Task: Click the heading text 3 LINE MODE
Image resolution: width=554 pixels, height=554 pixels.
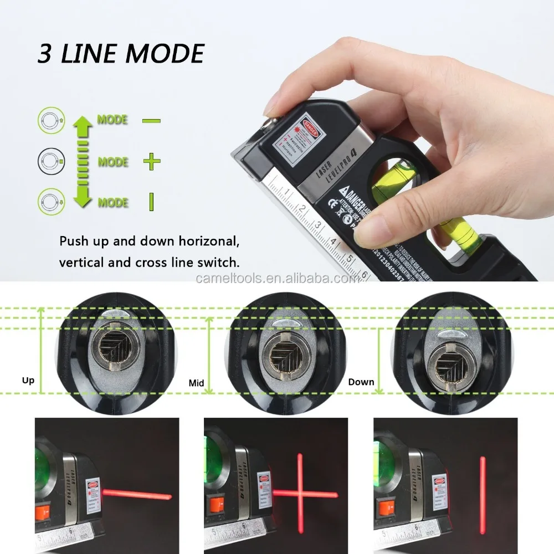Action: (x=120, y=54)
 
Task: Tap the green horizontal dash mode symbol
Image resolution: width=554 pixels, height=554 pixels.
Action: (x=151, y=120)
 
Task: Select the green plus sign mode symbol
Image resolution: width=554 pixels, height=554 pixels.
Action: (x=151, y=162)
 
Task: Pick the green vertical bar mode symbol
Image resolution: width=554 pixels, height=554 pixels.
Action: (x=151, y=202)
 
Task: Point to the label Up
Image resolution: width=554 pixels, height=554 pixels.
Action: (x=28, y=380)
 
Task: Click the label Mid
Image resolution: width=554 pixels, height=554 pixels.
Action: (x=196, y=382)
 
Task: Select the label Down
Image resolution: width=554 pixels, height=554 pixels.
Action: (x=361, y=382)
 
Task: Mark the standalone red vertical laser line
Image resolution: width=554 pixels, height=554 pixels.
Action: (x=483, y=490)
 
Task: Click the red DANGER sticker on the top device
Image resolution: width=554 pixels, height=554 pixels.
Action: (x=310, y=125)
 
